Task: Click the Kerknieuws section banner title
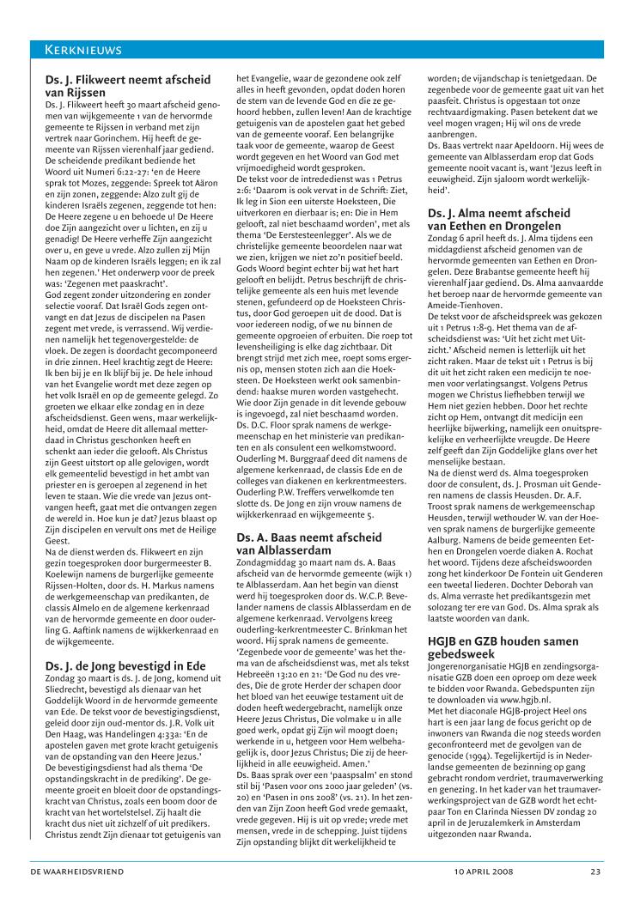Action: (x=83, y=49)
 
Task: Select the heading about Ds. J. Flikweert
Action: (x=127, y=86)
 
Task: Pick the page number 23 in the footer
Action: (x=594, y=896)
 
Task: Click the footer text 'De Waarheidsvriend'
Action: (x=76, y=896)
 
